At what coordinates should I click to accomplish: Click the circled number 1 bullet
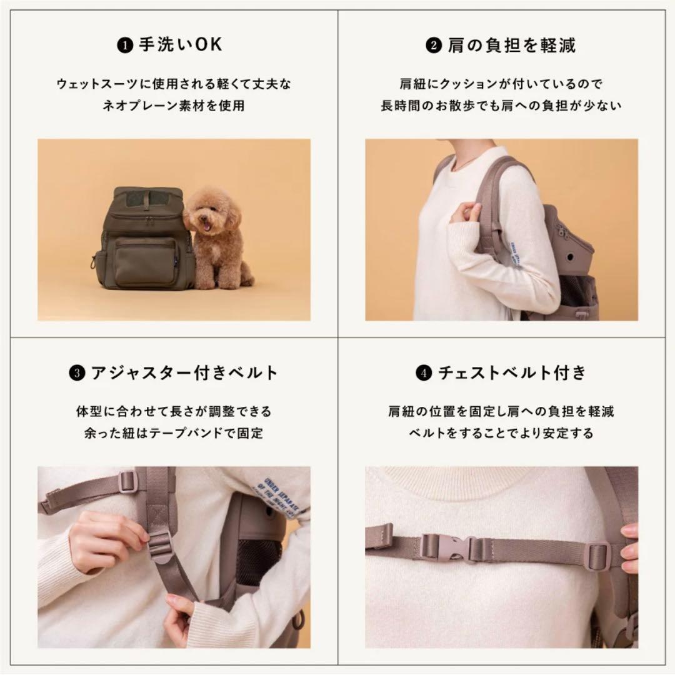click(126, 46)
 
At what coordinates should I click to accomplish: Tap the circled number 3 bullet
click(76, 374)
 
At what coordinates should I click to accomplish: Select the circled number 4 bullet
click(423, 374)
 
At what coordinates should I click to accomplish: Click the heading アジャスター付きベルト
click(184, 373)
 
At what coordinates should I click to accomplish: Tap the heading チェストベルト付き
click(511, 373)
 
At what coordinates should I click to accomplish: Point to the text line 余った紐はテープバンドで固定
click(174, 433)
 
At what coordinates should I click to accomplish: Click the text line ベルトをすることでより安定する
click(501, 433)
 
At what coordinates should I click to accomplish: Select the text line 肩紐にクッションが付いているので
click(501, 83)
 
